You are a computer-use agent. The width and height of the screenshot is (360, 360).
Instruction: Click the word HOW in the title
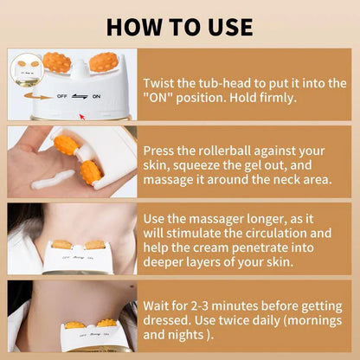tap(138, 25)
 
